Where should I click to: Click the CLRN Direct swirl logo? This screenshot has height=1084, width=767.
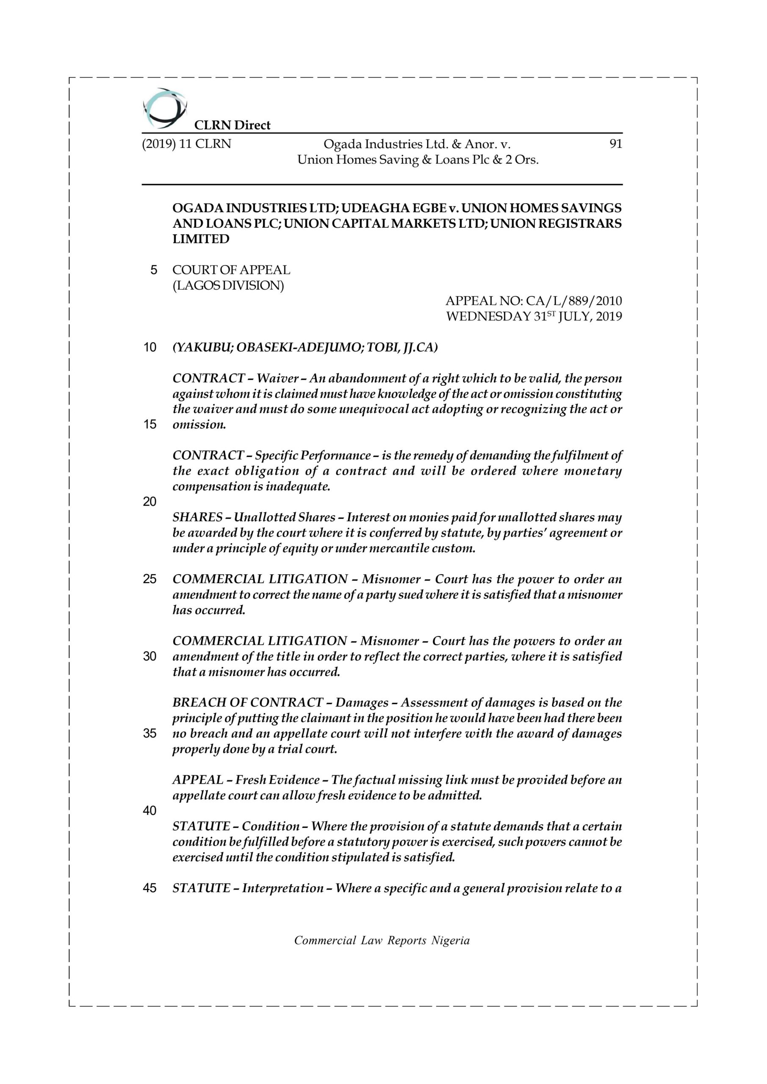coord(165,108)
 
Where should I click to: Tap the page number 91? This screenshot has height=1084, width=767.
coord(615,144)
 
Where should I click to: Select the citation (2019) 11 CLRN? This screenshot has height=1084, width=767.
coord(186,144)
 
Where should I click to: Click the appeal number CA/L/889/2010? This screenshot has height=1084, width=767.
coord(574,301)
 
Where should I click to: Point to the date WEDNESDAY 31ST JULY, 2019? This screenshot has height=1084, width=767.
coord(534,316)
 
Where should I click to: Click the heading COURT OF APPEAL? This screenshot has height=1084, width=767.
coord(231,270)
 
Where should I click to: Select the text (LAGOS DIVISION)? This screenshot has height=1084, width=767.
coord(228,286)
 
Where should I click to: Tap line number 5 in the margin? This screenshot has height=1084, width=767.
coord(153,270)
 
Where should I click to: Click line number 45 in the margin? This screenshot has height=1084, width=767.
coord(150,888)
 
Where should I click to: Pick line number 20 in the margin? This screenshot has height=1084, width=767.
coord(150,502)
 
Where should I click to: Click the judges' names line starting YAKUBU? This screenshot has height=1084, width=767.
coord(305,348)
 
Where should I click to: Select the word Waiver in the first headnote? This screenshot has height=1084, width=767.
coord(278,379)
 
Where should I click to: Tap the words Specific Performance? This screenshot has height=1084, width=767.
coord(313,456)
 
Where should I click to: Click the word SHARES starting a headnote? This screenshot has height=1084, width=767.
coord(197,517)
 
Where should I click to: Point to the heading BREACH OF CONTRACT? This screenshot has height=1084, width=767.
coord(248,702)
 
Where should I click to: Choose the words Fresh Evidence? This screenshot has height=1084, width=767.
coord(278,780)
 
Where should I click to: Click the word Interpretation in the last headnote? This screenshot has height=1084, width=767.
coord(283,888)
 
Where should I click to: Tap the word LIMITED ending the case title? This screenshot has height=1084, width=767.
coord(201,239)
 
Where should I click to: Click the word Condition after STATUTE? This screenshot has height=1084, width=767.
coord(271,826)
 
